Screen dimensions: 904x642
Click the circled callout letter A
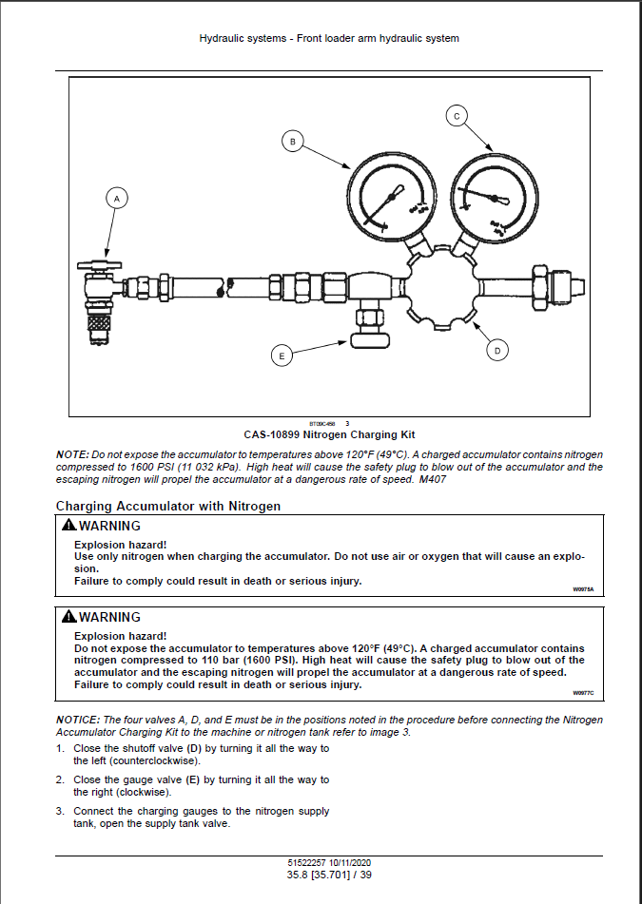tap(117, 199)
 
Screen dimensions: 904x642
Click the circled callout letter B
tap(293, 142)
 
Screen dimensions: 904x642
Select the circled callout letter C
tap(457, 116)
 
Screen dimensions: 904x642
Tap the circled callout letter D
tap(496, 351)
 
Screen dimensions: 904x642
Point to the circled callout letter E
tap(281, 356)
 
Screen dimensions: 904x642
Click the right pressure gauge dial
tap(490, 196)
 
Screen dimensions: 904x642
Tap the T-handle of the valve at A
tap(101, 264)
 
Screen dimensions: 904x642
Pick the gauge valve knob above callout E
tap(367, 337)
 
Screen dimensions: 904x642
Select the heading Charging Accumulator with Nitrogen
tap(168, 507)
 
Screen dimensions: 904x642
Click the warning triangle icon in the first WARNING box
tap(68, 526)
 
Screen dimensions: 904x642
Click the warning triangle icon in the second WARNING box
tap(68, 617)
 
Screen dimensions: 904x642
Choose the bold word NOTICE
tap(78, 721)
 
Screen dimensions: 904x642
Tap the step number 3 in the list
tap(60, 811)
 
